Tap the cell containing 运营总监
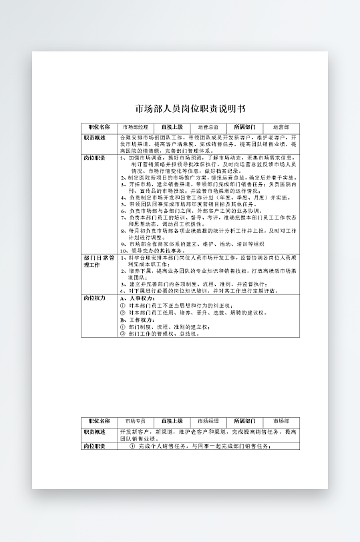pyautogui.click(x=208, y=126)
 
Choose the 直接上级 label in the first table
pyautogui.click(x=172, y=126)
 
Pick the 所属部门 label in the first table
pyautogui.click(x=244, y=126)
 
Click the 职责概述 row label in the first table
pyautogui.click(x=95, y=137)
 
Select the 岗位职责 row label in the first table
pyautogui.click(x=95, y=158)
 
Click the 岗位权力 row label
pyautogui.click(x=95, y=298)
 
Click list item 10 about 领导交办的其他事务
pyautogui.click(x=156, y=250)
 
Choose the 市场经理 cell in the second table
pyautogui.click(x=208, y=422)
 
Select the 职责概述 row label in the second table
pyautogui.click(x=95, y=433)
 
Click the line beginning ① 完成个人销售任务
pyautogui.click(x=200, y=446)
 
